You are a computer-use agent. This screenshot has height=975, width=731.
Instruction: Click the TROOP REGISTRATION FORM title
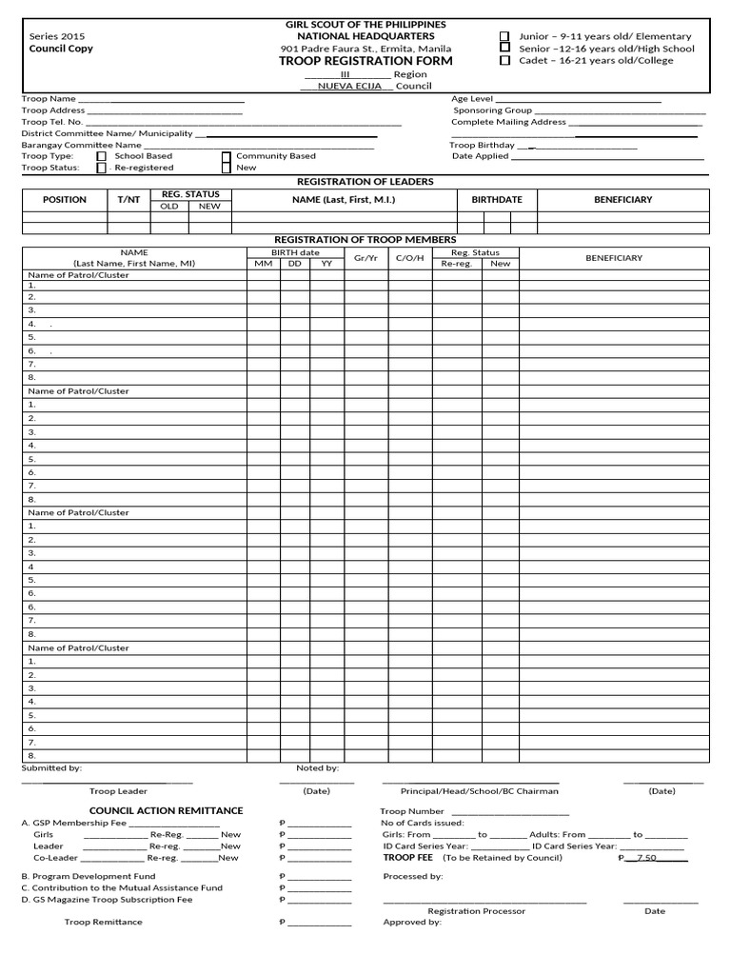click(365, 61)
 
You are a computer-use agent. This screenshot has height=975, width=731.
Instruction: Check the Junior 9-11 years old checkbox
click(504, 36)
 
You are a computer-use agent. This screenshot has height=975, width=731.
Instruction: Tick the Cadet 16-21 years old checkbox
click(504, 60)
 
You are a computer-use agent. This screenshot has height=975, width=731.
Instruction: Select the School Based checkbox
click(102, 156)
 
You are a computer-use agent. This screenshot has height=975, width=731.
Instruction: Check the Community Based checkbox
click(226, 156)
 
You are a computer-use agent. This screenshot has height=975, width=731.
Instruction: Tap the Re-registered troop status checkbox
click(102, 168)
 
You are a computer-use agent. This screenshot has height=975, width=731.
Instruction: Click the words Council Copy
click(61, 49)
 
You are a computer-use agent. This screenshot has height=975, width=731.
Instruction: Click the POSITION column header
click(65, 200)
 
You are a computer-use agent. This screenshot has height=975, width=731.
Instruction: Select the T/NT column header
click(128, 200)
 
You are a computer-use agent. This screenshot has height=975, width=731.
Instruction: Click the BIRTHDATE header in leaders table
click(496, 200)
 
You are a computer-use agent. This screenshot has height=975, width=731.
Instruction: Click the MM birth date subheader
click(263, 264)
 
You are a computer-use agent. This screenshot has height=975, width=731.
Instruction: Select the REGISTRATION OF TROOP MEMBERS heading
click(365, 239)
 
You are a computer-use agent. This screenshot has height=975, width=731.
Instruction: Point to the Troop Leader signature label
click(118, 791)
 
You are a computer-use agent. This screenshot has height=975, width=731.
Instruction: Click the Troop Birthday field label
click(483, 145)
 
